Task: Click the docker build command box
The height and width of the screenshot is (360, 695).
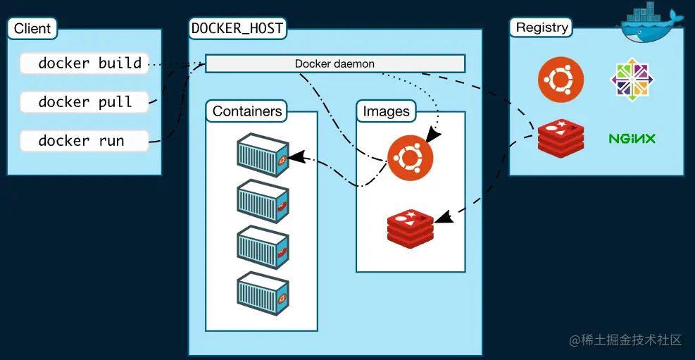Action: [84, 63]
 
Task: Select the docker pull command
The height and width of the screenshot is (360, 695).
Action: [84, 102]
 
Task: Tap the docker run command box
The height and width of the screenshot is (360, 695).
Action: [84, 141]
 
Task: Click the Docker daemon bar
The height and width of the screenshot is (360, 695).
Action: [335, 63]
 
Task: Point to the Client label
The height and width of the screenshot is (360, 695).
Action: [32, 29]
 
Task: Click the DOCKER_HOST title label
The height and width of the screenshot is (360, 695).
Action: [237, 28]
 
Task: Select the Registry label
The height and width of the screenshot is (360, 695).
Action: [541, 27]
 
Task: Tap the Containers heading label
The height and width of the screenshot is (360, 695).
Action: [247, 111]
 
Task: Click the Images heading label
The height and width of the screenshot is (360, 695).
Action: [386, 111]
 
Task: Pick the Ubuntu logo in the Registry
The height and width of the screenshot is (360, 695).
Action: [561, 80]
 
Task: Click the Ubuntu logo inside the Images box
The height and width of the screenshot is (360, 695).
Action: [410, 158]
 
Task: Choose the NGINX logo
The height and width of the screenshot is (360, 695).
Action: [632, 139]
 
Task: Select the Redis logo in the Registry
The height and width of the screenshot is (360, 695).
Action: [561, 138]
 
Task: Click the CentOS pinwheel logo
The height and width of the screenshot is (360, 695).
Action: [632, 80]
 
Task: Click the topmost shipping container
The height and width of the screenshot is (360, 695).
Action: [263, 155]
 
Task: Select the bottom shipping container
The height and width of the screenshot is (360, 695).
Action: [263, 294]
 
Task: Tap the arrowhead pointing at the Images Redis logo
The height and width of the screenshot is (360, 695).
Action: [444, 217]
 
